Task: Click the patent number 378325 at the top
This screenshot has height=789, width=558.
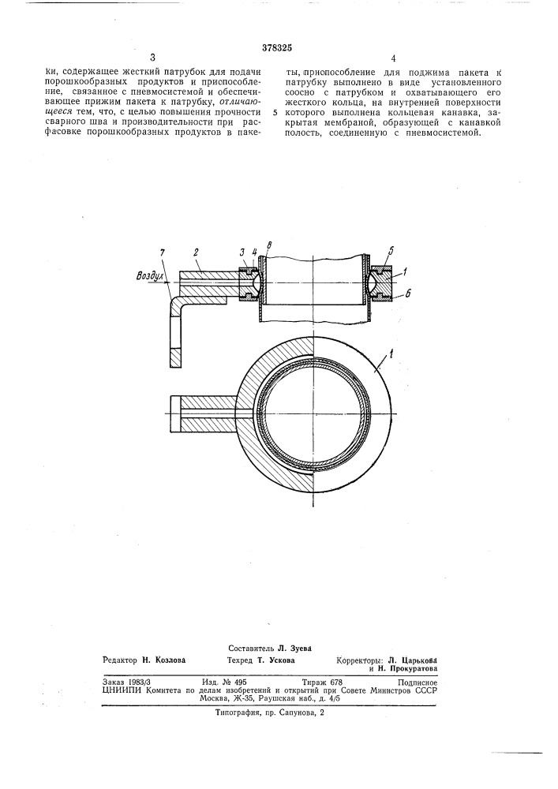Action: tap(277, 48)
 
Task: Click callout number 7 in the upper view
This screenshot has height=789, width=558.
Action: tap(162, 252)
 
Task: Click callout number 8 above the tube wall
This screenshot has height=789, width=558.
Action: tap(270, 246)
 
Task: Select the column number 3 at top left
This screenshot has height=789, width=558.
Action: tap(152, 58)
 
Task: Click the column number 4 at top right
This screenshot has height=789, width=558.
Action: tap(392, 58)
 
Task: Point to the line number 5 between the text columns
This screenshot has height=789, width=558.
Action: tap(275, 113)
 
